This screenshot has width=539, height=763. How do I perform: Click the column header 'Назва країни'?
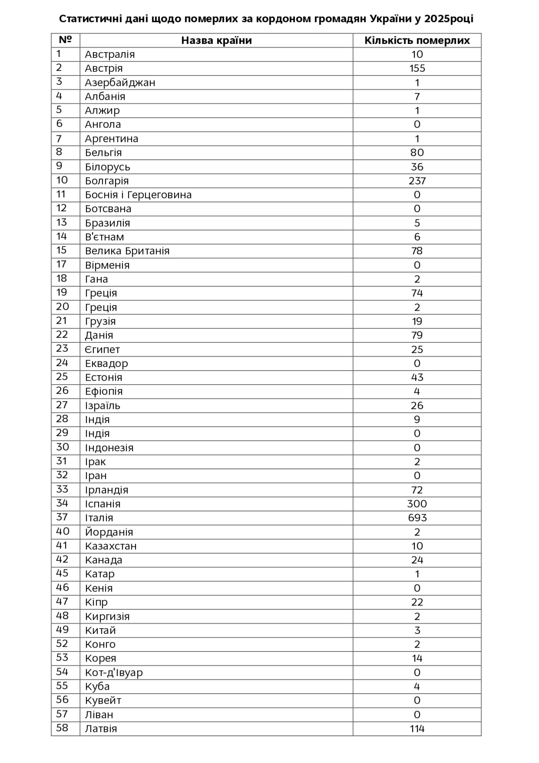(x=216, y=40)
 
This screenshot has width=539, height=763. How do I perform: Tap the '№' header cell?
(x=65, y=40)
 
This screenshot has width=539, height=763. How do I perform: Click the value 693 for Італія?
(x=417, y=517)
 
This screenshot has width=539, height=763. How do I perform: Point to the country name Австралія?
(x=110, y=54)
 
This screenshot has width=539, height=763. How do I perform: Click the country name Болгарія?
(x=107, y=181)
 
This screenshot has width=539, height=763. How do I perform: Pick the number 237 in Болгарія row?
(x=417, y=181)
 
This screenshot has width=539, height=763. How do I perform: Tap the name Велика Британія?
(x=127, y=251)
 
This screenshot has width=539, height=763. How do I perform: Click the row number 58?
(x=62, y=728)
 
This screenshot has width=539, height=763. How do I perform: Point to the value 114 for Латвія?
(x=417, y=728)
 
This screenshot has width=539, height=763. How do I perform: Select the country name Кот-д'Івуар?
(x=114, y=672)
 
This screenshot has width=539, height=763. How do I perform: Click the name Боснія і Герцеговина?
(x=138, y=195)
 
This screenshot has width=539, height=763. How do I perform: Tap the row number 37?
(x=62, y=517)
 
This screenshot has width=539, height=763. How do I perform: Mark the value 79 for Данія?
(x=417, y=335)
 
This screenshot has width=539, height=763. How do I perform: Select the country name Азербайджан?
(x=120, y=82)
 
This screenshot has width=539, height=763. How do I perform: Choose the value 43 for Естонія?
(x=417, y=377)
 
